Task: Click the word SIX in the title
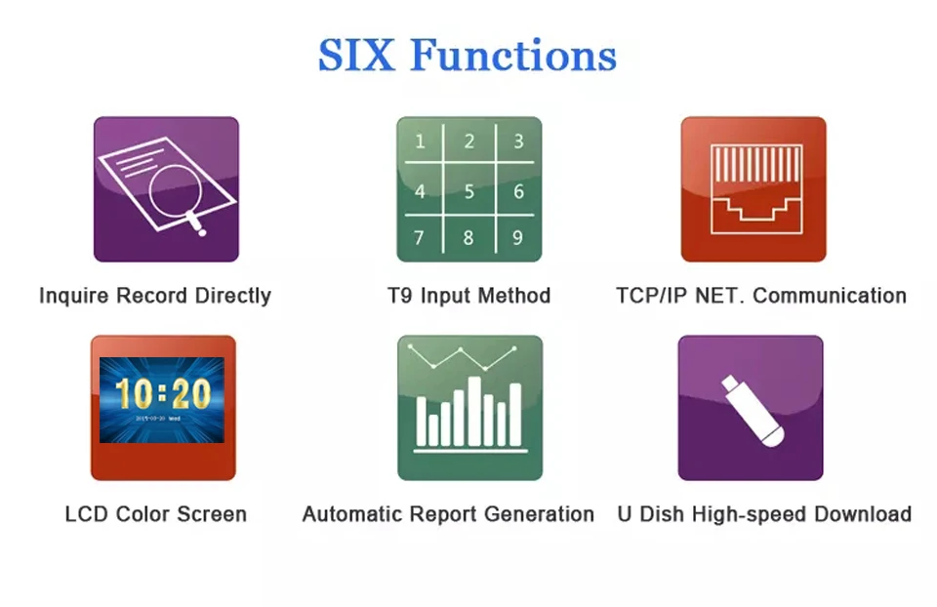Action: pos(356,55)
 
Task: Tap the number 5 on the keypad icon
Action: pos(469,191)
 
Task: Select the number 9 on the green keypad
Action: pos(517,238)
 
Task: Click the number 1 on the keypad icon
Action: pos(420,142)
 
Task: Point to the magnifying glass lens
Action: pos(175,191)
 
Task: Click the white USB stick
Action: pos(753,411)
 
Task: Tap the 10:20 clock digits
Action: pos(163,393)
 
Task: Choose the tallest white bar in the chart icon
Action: pos(474,411)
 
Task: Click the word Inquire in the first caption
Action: pos(74,297)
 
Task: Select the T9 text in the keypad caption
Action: pos(399,296)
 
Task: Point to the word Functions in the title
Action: pos(513,55)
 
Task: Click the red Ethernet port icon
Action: pos(754,189)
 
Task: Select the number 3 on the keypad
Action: pos(518,142)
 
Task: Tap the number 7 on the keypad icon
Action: pos(419,238)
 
